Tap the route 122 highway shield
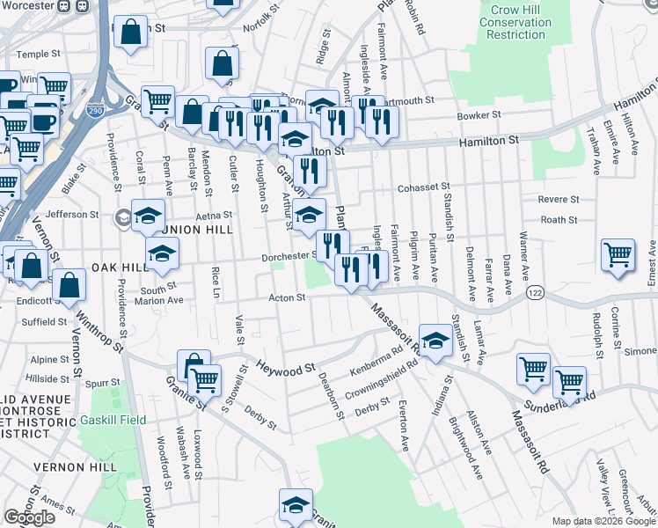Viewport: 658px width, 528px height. click(533, 290)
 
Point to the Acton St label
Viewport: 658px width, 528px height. click(286, 297)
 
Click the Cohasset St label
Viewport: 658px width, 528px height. click(422, 187)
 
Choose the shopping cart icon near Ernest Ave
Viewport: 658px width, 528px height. click(618, 254)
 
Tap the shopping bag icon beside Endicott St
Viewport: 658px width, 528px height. click(68, 284)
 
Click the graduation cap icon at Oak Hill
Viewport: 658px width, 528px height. click(162, 253)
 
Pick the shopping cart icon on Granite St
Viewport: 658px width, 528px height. click(204, 380)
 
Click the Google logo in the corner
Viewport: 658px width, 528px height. click(29, 517)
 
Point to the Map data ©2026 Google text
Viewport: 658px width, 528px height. click(603, 521)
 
